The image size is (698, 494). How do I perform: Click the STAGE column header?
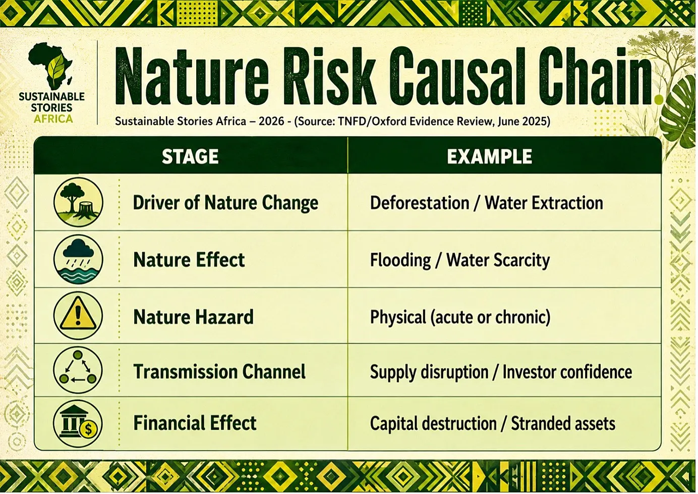click(190, 156)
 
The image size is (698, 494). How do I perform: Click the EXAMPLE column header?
click(489, 156)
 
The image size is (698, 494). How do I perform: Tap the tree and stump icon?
click(78, 202)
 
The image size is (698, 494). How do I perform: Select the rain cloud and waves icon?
click(78, 259)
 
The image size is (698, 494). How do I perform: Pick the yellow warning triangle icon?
click(78, 315)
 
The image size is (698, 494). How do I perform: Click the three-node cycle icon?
click(78, 371)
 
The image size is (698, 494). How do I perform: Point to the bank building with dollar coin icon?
click(78, 423)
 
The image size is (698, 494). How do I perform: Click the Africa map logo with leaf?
click(51, 66)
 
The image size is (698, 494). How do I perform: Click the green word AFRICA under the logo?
click(53, 118)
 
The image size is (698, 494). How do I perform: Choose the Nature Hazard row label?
click(193, 317)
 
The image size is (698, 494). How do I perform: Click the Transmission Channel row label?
click(219, 372)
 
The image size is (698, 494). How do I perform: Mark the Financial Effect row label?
click(195, 423)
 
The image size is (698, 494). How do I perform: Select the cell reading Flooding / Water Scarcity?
click(459, 261)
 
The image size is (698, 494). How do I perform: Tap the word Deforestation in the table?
click(420, 203)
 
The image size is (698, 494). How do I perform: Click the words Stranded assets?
click(563, 423)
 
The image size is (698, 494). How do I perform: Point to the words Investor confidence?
click(567, 372)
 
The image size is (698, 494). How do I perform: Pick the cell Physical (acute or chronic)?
click(460, 318)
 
